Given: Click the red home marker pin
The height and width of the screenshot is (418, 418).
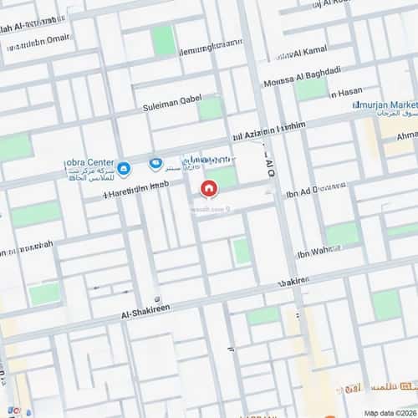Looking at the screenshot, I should (x=208, y=188).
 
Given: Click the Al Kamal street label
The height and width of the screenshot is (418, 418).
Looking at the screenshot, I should (x=310, y=54).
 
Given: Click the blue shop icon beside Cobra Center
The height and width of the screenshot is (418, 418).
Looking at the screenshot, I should (x=124, y=170).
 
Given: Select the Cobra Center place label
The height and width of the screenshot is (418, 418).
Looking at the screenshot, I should (x=89, y=162).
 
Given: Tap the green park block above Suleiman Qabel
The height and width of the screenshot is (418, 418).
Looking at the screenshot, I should (x=164, y=40).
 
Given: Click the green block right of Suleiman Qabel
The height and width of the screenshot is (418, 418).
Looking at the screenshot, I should (x=211, y=108).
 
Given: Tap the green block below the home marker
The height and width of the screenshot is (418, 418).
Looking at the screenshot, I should (x=241, y=251).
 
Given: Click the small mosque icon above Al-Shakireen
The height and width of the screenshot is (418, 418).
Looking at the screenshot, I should (x=157, y=299).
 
